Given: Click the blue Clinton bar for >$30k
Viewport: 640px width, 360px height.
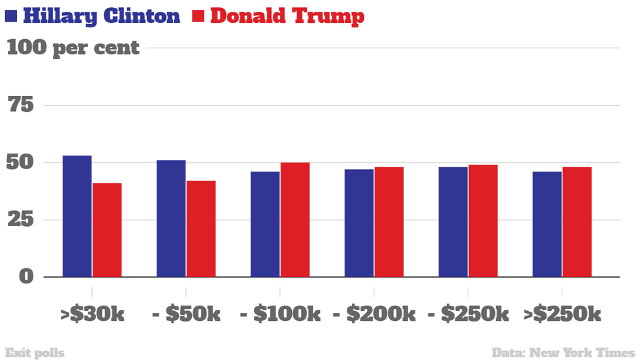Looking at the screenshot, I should (x=77, y=216).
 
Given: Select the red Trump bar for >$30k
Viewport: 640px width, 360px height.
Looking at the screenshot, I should (x=107, y=229).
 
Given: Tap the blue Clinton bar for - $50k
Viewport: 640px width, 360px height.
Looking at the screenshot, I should (x=171, y=218).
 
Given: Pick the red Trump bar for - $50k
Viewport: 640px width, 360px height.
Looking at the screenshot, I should (x=201, y=228).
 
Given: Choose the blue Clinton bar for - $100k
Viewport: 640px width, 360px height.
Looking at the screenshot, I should (x=265, y=223).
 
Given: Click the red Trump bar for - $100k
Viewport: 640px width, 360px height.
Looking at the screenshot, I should (x=295, y=220).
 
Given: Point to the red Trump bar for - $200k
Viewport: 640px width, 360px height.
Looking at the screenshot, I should (x=389, y=221).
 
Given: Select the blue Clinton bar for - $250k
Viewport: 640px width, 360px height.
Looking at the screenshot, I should (x=453, y=221).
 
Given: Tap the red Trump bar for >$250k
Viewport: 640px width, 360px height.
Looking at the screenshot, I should (x=577, y=221).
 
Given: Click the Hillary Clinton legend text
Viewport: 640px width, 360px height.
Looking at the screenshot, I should (x=101, y=16).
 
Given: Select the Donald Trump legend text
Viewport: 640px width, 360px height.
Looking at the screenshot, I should (x=287, y=16).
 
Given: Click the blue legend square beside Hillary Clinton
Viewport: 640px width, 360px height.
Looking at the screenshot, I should (x=11, y=16).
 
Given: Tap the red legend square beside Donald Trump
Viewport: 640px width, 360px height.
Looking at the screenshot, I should (x=199, y=16).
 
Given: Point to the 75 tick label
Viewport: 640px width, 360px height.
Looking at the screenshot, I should (x=20, y=105).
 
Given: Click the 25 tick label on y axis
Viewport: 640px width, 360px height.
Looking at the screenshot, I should (x=20, y=220).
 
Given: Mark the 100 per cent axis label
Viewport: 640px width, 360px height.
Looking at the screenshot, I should (x=73, y=48).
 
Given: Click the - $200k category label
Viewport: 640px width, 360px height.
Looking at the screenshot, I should (x=374, y=314).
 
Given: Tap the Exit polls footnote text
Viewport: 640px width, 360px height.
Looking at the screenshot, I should (x=34, y=353).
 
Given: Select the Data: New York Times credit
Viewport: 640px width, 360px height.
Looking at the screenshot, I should (x=563, y=353).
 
